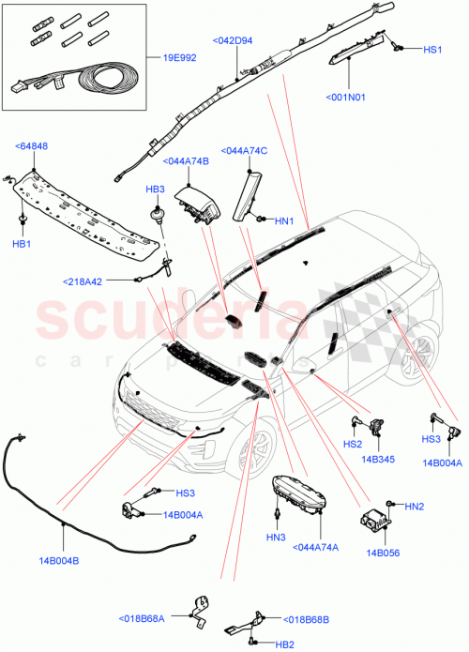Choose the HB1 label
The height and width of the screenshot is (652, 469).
[21, 243]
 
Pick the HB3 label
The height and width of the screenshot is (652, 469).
[155, 190]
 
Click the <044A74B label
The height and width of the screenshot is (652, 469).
[186, 161]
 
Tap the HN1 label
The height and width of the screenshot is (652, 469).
[285, 221]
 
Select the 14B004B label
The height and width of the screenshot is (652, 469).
[58, 561]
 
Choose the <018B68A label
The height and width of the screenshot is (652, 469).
[143, 618]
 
